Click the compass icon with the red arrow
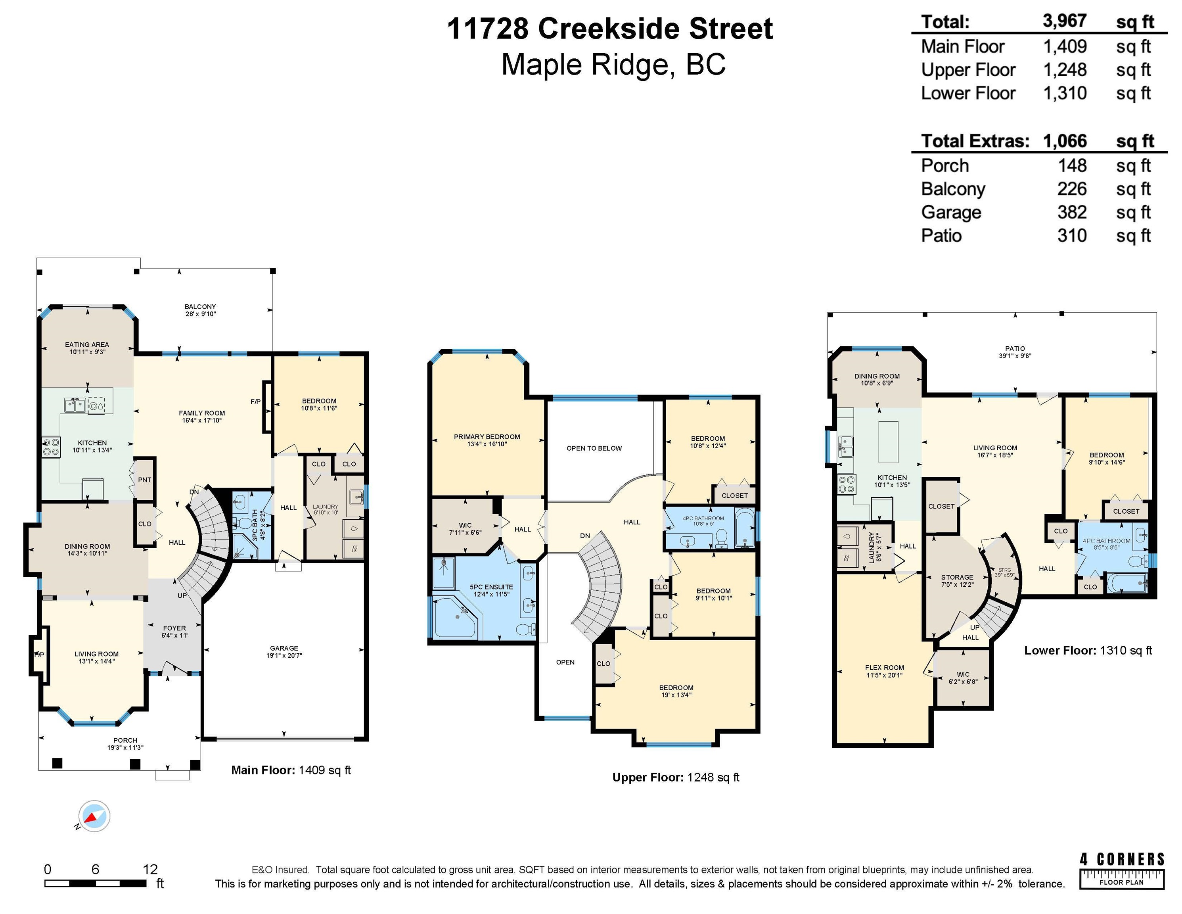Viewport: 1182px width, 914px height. pyautogui.click(x=94, y=816)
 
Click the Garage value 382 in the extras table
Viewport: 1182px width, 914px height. pyautogui.click(x=1072, y=212)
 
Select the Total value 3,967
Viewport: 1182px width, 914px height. pyautogui.click(x=1065, y=21)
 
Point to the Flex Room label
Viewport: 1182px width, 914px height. pyautogui.click(x=884, y=668)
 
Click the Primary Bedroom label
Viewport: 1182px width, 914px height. pyautogui.click(x=487, y=436)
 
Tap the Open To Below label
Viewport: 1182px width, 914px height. pyautogui.click(x=594, y=448)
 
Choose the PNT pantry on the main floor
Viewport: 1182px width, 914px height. pyautogui.click(x=144, y=479)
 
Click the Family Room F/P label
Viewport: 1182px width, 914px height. pyautogui.click(x=255, y=401)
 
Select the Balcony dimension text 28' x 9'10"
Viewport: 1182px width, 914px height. pyautogui.click(x=200, y=313)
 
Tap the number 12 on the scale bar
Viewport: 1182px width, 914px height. pyautogui.click(x=150, y=869)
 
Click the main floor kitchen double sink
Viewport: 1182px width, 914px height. pyautogui.click(x=75, y=405)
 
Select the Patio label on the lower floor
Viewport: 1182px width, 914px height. pyautogui.click(x=1015, y=349)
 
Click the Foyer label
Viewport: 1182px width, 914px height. pyautogui.click(x=174, y=628)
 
